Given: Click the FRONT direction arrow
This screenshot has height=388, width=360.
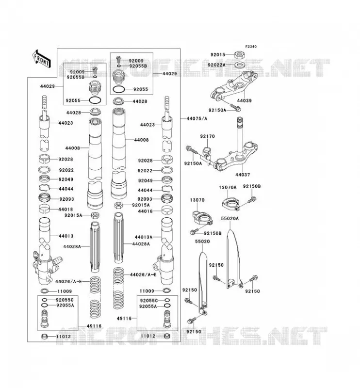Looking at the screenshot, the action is point(41,59).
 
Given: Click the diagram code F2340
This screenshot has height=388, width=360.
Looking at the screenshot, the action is point(251,47).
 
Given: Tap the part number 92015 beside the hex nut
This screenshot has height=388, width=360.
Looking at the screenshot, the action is point(218,55).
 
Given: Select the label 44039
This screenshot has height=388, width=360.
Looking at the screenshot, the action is point(244,101).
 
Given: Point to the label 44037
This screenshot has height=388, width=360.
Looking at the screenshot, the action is point(243,175).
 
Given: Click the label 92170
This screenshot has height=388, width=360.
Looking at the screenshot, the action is point(208,136).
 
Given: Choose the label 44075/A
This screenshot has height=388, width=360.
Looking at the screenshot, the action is point(197,118).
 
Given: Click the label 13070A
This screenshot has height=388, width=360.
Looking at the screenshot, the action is point(228,187).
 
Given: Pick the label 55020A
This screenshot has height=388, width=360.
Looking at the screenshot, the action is point(230,219).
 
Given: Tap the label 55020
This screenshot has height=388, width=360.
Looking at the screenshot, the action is point(202,241).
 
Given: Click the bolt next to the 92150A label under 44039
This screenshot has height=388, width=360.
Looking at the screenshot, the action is point(235,108).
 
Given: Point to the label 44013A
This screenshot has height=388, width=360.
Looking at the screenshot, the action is point(144,237).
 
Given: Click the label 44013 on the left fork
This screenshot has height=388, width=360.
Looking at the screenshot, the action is point(66,236).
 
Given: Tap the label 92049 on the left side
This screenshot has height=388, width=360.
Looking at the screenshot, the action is point(66,179).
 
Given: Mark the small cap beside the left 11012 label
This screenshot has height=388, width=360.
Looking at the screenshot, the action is point(45,337).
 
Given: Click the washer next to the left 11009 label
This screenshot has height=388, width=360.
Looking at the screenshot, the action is point(45,291).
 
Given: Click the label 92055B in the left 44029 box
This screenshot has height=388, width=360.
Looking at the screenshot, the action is point(76,77).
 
